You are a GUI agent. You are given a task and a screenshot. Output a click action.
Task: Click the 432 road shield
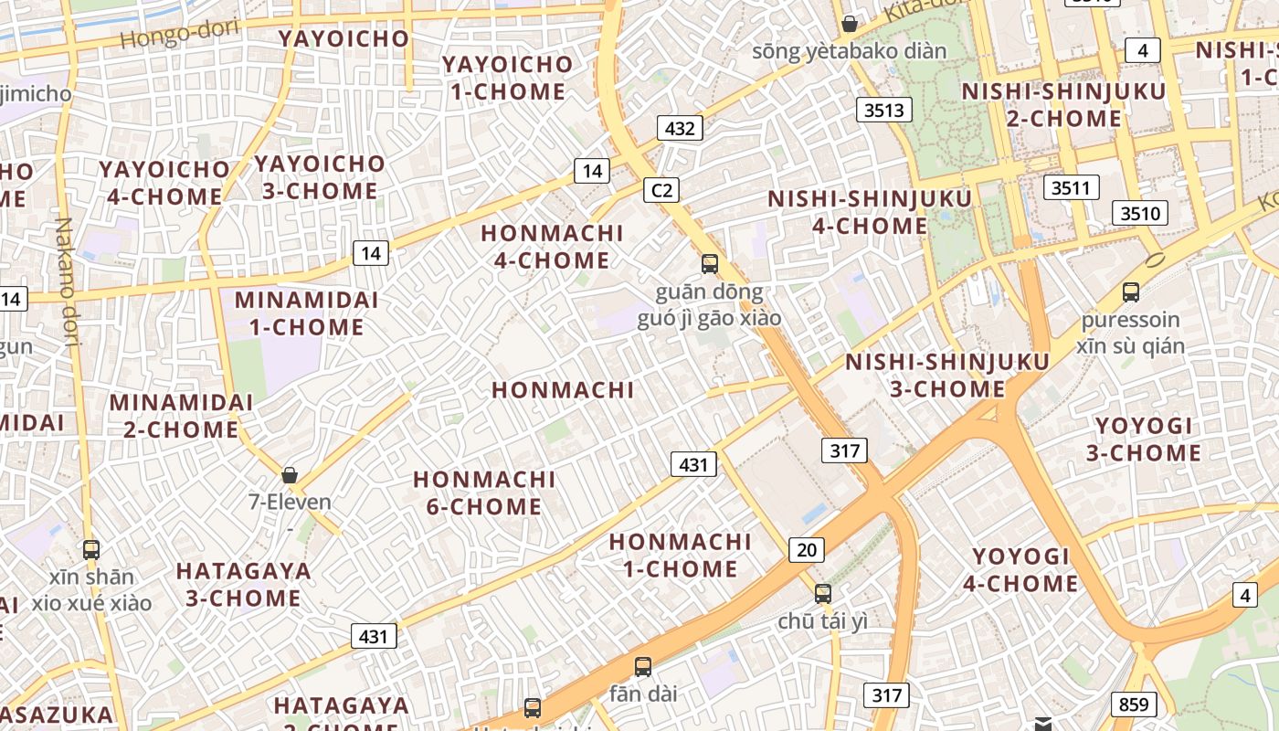[x=680, y=128]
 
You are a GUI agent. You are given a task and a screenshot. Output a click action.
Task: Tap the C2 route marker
[x=661, y=190]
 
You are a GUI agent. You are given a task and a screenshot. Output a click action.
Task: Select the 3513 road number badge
[x=884, y=111]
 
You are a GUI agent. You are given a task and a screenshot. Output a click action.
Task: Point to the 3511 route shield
[x=1072, y=188]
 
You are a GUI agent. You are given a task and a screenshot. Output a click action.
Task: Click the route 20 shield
[x=806, y=549]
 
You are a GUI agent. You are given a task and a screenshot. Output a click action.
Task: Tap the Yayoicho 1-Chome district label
[x=507, y=78]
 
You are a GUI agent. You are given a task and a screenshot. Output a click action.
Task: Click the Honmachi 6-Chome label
[x=484, y=493]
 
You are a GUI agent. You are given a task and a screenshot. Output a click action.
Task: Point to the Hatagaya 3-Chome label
[x=243, y=585]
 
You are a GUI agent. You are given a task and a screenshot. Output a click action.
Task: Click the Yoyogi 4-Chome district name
[x=1020, y=569]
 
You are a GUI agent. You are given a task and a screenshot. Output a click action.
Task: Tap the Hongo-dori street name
[x=179, y=34]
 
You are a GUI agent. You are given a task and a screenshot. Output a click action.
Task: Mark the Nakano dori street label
[x=66, y=283]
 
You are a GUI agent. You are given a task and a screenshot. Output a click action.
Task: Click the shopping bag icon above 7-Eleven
[x=290, y=475]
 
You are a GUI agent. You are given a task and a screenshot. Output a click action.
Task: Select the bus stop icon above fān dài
[x=643, y=667]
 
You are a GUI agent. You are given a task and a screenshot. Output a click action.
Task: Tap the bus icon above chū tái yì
[x=823, y=594]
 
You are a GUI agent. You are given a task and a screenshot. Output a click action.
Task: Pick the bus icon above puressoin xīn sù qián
[x=1131, y=292]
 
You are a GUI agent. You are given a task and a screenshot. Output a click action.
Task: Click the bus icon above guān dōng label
[x=710, y=264]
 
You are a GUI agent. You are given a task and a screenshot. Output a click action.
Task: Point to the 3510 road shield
[x=1140, y=214]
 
